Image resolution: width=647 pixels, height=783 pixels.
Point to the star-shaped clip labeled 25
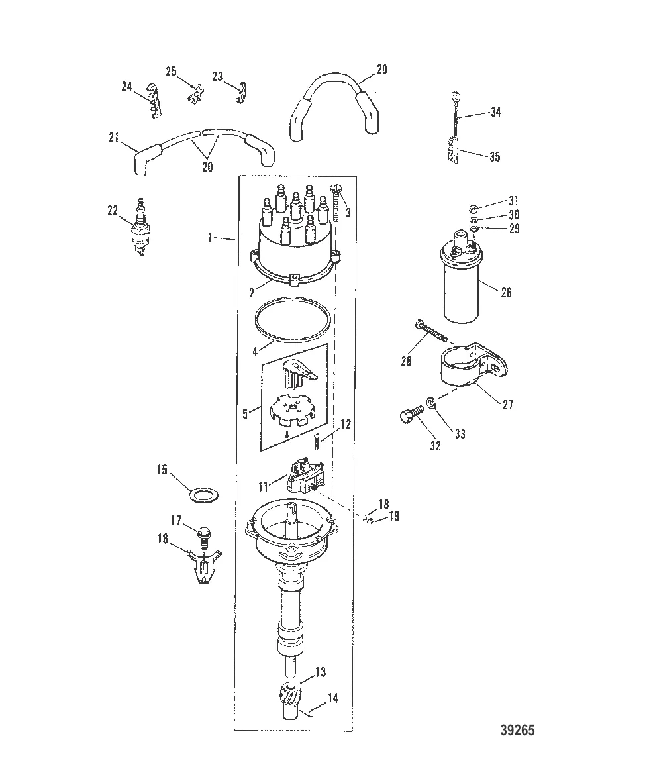[195, 94]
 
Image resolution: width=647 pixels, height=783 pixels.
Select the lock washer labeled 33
[430, 403]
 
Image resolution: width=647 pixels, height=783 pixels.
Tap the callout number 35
[494, 157]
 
